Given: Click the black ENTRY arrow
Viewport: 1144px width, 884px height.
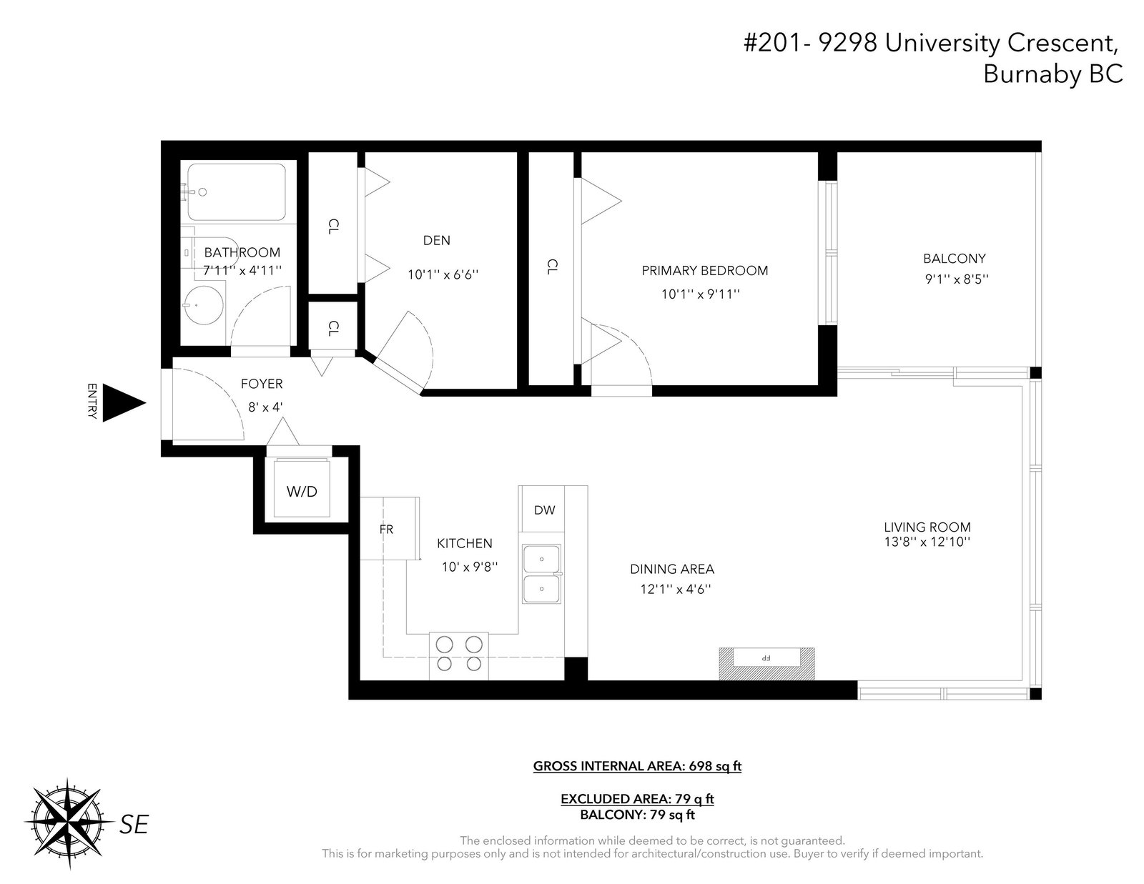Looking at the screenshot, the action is (x=123, y=403).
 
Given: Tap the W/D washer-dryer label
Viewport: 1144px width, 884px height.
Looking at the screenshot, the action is (x=302, y=492).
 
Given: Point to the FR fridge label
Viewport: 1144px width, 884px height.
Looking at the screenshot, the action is (x=386, y=530).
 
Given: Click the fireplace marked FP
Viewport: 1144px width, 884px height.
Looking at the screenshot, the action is (x=766, y=663).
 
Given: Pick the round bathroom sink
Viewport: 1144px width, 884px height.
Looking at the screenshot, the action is (x=203, y=304).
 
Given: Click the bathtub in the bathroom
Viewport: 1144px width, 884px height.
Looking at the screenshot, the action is (x=237, y=192).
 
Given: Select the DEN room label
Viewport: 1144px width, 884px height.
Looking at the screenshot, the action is (x=436, y=240).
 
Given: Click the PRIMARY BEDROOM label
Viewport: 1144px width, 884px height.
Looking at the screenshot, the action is (x=704, y=270).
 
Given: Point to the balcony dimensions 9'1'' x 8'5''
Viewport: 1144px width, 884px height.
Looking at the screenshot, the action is (x=957, y=279).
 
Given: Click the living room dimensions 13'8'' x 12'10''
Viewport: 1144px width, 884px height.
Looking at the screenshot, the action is (x=927, y=542).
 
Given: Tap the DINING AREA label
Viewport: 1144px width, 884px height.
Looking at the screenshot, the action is (x=672, y=569).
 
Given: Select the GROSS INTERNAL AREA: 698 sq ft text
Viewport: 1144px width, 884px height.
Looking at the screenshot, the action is (x=637, y=765).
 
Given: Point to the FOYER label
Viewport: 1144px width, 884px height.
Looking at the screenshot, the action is (x=262, y=384).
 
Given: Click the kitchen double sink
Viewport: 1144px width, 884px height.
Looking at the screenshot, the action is (x=541, y=574).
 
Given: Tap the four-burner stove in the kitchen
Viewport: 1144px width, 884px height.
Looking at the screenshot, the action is (x=458, y=655).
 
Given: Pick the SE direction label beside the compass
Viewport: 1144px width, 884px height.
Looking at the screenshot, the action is (x=134, y=825).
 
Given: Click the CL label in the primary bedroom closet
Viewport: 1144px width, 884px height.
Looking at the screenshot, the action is (x=551, y=267).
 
